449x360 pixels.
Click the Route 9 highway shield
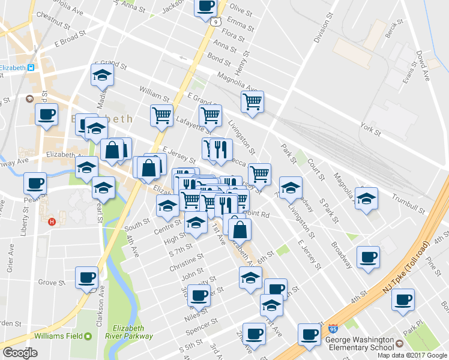click(x=214, y=22)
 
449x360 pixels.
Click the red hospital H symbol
click(x=53, y=221)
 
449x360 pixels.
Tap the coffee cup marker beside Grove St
click(x=86, y=278)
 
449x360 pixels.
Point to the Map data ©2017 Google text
click(x=412, y=355)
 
